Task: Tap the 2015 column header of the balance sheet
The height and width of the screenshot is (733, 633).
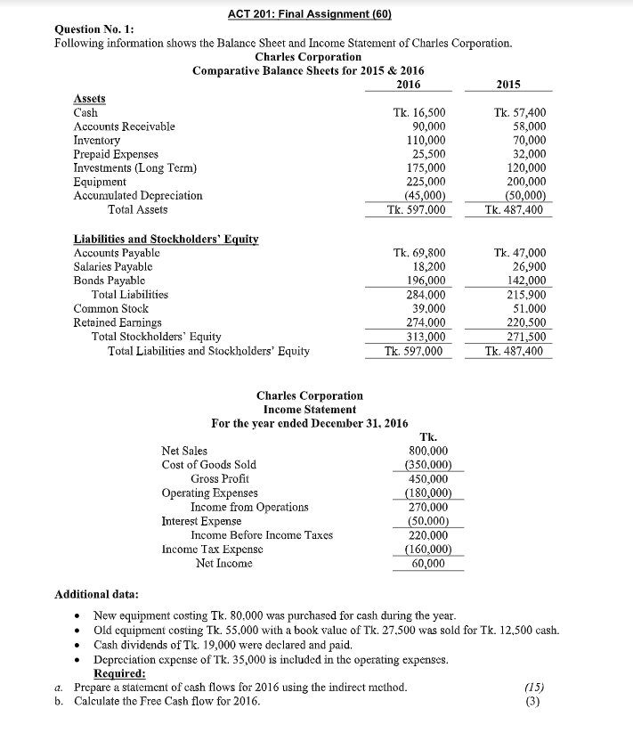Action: point(507,85)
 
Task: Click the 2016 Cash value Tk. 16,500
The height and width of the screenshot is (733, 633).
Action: point(419,113)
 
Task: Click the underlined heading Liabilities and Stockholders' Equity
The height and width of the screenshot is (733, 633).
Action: point(165,239)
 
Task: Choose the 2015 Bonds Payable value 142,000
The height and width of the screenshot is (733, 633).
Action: point(526,281)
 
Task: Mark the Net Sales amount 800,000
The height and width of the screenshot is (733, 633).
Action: point(427,452)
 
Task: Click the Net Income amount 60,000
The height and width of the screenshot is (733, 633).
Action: point(430,563)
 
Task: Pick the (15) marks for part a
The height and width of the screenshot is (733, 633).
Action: point(534,687)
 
